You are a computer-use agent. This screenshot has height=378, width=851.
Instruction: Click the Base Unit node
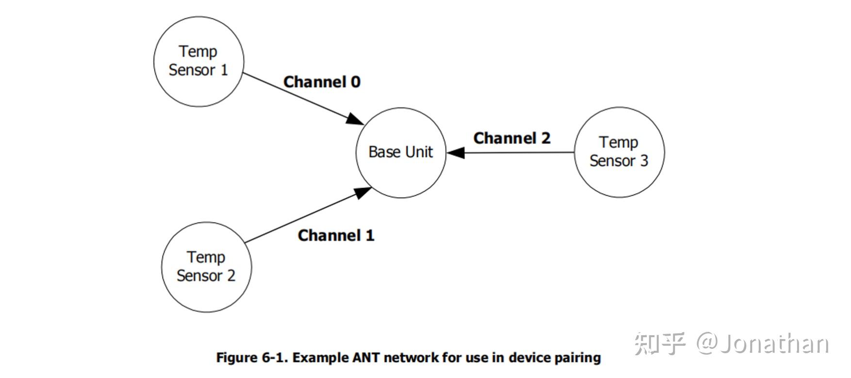[401, 153]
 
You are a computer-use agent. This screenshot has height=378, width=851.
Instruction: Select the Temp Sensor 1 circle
[198, 61]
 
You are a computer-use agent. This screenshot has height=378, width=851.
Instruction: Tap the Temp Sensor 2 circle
[206, 267]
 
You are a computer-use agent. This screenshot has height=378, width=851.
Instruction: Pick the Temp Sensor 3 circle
[619, 152]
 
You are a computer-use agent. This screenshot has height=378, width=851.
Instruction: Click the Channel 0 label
[322, 82]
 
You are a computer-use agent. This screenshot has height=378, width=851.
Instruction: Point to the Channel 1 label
[336, 236]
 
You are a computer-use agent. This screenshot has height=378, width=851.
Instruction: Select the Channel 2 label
[512, 138]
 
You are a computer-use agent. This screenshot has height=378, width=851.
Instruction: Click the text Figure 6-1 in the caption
[252, 358]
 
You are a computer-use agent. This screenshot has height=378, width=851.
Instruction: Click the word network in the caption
[409, 358]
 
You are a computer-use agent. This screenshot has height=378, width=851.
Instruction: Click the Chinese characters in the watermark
[660, 344]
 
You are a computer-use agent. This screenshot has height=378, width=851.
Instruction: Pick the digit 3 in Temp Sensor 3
[644, 161]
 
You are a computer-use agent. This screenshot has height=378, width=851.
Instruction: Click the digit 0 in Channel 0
[356, 82]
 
